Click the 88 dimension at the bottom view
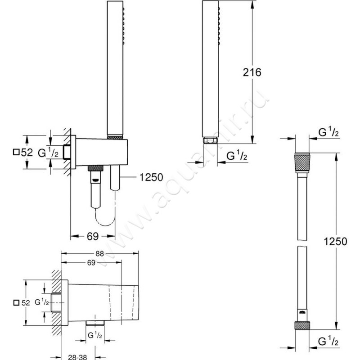[x=100, y=253]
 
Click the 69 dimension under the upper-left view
[x=93, y=235]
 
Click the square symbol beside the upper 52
[x=16, y=153]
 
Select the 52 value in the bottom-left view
[x=25, y=303]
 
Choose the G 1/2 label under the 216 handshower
[x=236, y=156]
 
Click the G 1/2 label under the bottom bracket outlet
[x=96, y=335]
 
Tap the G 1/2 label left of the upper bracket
[x=48, y=153]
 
